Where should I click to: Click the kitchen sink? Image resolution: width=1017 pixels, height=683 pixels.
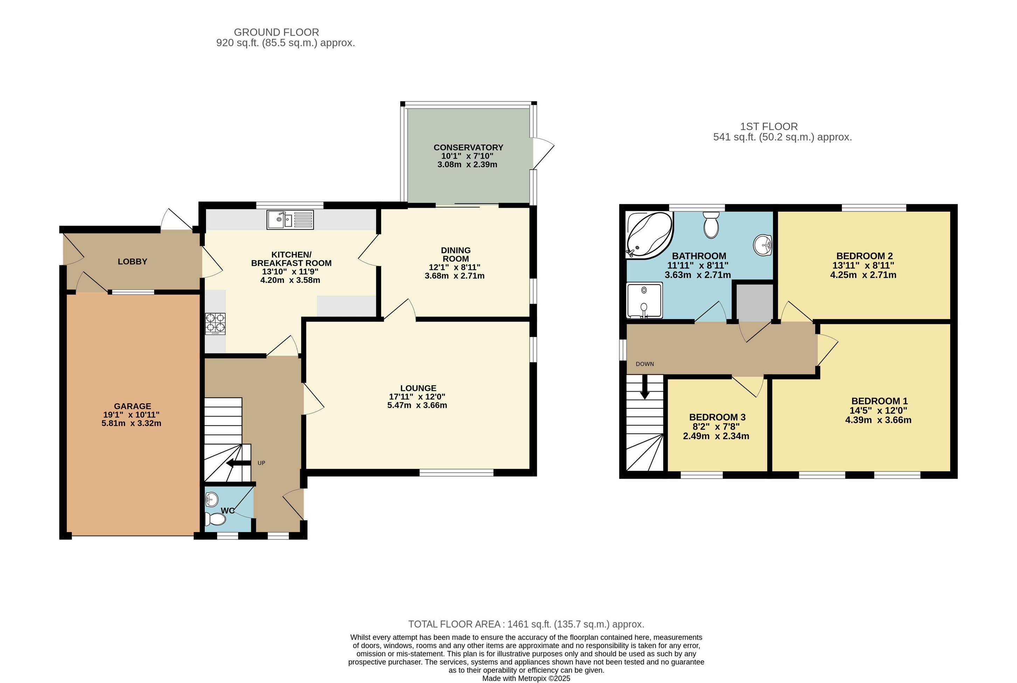point(290,220)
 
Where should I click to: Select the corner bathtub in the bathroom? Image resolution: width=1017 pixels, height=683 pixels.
point(649,234)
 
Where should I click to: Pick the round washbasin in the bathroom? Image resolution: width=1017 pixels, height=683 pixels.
point(763,245)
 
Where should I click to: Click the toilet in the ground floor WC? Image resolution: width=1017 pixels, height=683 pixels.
point(216,519)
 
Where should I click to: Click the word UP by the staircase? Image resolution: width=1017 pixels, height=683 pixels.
point(261,463)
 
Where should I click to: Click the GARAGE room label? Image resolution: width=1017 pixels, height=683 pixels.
point(132,406)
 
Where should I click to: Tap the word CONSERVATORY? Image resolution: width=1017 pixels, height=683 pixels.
point(468,147)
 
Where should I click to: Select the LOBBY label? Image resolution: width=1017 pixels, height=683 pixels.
point(132,261)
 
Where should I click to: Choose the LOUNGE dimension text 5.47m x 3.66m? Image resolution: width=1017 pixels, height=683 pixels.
point(417,405)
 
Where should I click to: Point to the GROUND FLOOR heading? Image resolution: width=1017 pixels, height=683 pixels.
point(277,32)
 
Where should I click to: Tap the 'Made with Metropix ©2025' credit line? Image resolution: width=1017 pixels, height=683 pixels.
point(526,678)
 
